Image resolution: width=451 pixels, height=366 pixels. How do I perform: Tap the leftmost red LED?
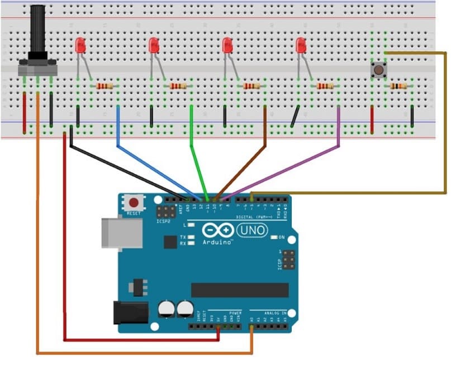80,46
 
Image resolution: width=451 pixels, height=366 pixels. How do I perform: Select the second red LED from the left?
154,46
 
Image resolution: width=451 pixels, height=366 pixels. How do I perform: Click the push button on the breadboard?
379,70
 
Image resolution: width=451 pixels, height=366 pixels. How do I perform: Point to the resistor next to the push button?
398,86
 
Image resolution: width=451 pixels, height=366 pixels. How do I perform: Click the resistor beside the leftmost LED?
105,86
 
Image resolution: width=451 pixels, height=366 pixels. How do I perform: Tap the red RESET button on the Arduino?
134,203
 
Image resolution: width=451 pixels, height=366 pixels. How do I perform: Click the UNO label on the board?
252,230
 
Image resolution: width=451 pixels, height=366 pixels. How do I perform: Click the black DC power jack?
130,312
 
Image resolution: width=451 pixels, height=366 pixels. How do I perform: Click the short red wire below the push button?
372,120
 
